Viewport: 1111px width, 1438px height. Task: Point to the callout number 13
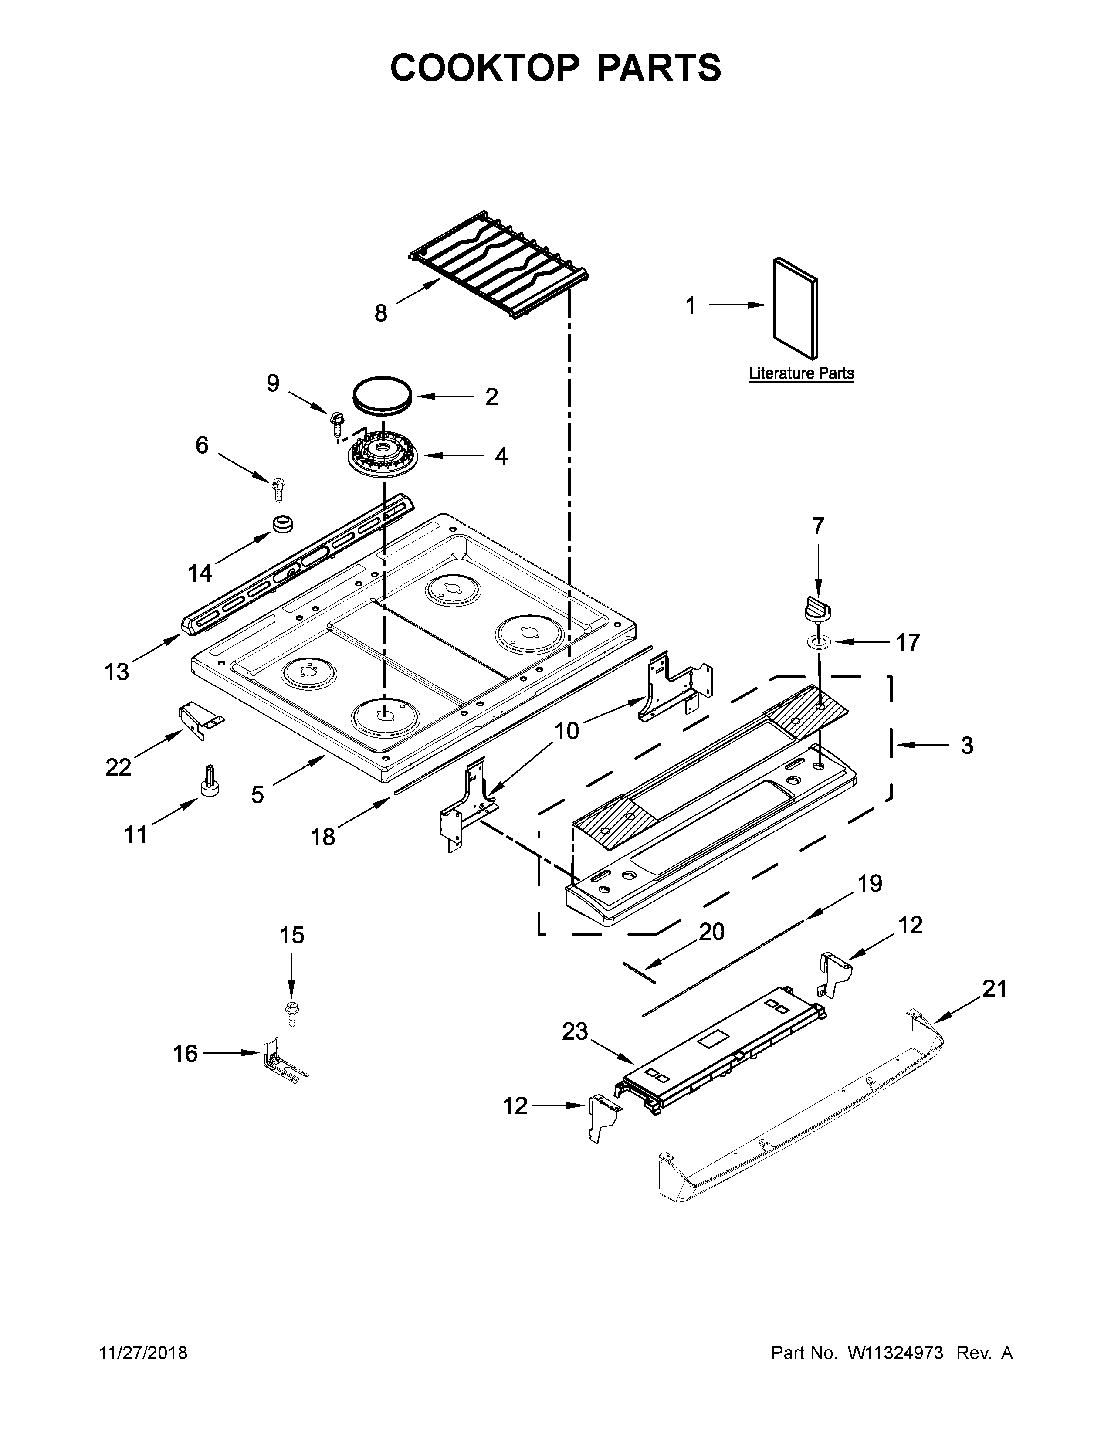tap(117, 672)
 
